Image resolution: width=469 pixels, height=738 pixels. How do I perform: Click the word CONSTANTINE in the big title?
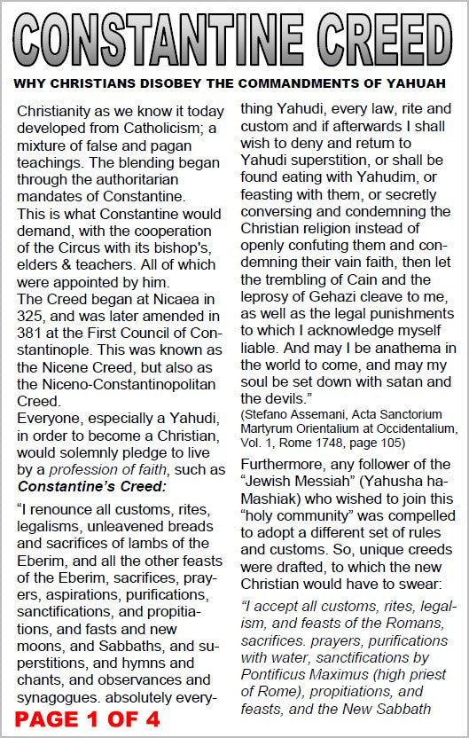pos(162,42)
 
